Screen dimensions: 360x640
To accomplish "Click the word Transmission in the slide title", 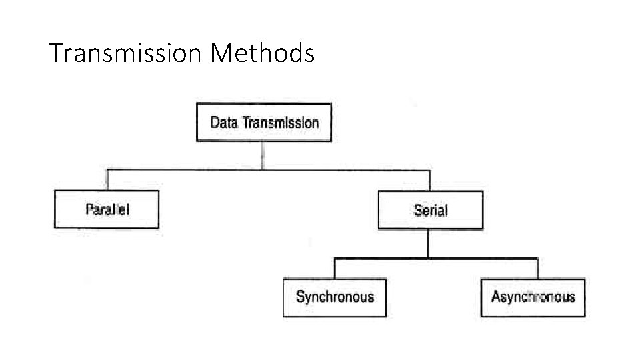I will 125,53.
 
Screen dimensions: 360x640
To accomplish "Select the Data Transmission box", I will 263,122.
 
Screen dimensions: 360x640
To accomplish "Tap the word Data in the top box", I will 224,123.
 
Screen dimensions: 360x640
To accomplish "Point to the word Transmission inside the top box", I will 281,123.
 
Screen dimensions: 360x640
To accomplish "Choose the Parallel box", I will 107,209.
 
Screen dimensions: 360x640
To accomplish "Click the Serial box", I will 430,210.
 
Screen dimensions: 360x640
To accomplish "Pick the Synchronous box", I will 335,297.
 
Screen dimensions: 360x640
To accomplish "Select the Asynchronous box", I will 533,297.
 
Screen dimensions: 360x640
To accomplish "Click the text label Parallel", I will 107,209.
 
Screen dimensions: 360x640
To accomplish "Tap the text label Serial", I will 431,211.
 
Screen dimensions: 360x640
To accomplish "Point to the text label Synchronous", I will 335,297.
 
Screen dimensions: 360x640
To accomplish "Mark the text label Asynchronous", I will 533,297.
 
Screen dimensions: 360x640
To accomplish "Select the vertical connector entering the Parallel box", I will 107,180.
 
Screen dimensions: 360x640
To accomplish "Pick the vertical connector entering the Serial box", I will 430,181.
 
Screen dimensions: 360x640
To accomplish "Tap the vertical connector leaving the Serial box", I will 429,243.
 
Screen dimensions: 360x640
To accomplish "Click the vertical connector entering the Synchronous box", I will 335,269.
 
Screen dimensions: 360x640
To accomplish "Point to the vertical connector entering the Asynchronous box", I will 537,269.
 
